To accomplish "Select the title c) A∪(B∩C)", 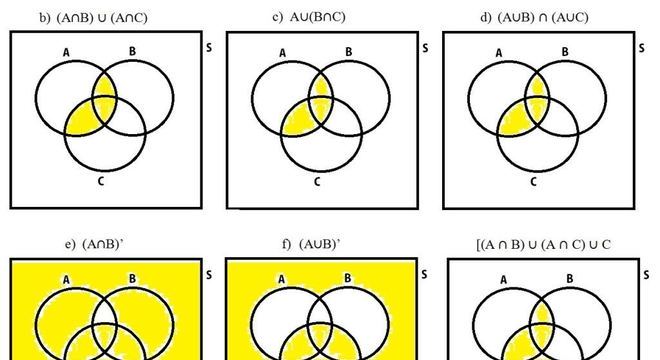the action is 312,18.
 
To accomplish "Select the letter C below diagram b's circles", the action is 101,181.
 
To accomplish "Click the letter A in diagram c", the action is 283,54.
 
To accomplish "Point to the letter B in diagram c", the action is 347,52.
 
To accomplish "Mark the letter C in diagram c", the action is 316,181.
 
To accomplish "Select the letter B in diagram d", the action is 565,52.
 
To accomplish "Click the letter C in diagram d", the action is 533,181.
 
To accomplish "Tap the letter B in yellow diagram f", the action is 346,279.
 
